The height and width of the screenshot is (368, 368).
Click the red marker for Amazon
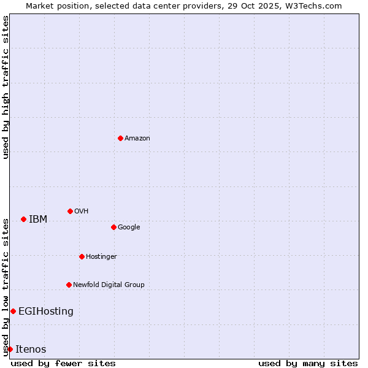[x=120, y=138]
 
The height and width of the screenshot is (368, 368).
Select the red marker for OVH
[x=70, y=211]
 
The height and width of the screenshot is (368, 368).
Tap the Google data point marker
[x=113, y=227]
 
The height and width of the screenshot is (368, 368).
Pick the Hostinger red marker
[x=82, y=256]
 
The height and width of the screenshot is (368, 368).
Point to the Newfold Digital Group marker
[x=69, y=285]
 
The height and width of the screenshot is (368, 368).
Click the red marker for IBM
[x=23, y=219]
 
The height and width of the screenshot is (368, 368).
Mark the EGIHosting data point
[x=13, y=311]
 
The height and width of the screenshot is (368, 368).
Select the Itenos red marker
[x=10, y=349]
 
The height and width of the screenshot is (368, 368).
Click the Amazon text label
[x=137, y=139]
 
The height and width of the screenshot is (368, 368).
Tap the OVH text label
[x=82, y=212]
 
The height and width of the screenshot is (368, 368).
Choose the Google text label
[x=129, y=228]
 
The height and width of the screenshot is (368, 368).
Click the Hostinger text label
[x=101, y=257]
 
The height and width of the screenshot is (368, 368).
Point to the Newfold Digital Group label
[x=109, y=285]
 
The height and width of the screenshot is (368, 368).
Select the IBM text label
[x=38, y=220]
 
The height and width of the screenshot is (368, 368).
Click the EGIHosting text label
[x=46, y=312]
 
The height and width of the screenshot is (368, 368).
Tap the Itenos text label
[x=31, y=350]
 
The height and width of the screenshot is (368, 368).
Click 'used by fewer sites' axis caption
[x=63, y=363]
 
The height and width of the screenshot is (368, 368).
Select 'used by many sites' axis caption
[x=308, y=363]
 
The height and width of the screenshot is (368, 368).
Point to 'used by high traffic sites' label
[x=6, y=87]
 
